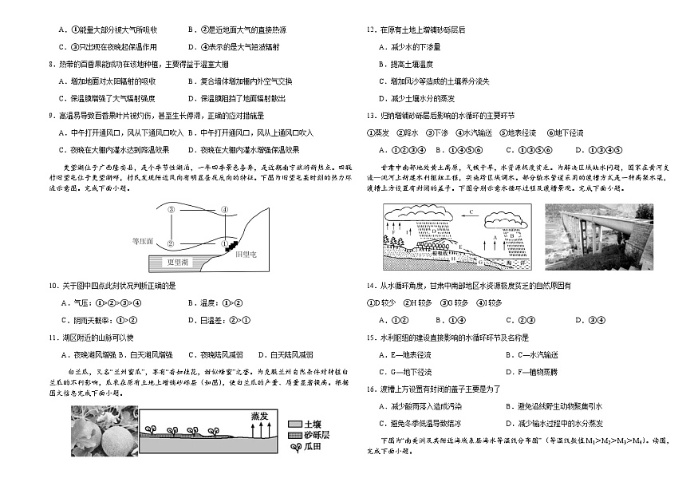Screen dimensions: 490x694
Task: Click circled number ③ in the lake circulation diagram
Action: pyautogui.click(x=172, y=210)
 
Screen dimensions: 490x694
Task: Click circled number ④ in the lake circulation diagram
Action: pyautogui.click(x=224, y=210)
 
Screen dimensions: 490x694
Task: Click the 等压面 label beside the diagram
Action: pyautogui.click(x=144, y=239)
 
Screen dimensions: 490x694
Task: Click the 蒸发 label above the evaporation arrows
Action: pyautogui.click(x=258, y=416)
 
